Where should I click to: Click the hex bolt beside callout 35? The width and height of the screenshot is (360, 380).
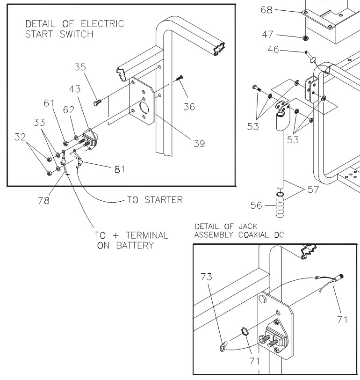click(96, 100)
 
